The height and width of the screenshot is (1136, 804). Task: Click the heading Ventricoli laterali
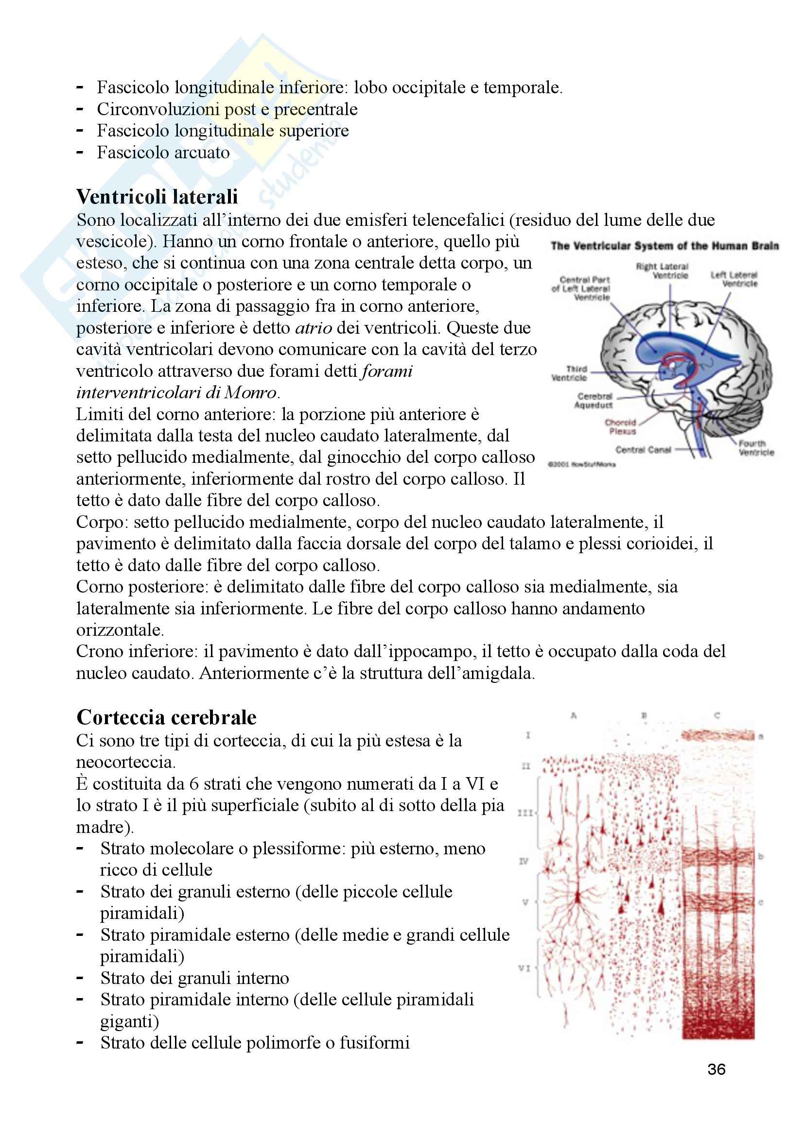tap(157, 197)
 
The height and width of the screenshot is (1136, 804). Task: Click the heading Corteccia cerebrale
tap(166, 717)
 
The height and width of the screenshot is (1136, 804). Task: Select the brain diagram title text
tap(664, 246)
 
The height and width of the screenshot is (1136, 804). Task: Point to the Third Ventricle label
tap(569, 373)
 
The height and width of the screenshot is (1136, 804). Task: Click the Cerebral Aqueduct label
tap(594, 401)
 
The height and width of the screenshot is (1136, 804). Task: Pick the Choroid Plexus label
tap(621, 427)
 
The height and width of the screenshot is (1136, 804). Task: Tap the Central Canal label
tap(643, 450)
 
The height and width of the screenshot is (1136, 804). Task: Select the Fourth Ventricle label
tap(755, 448)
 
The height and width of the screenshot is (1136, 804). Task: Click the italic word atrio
tap(314, 328)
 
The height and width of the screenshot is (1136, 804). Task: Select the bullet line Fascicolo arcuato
tap(163, 153)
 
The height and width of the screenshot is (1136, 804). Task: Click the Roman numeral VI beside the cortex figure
tap(524, 968)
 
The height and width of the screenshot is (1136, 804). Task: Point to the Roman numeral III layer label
tap(525, 813)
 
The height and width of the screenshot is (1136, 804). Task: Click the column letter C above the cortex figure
tap(717, 715)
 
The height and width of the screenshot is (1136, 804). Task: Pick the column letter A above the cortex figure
tap(573, 715)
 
